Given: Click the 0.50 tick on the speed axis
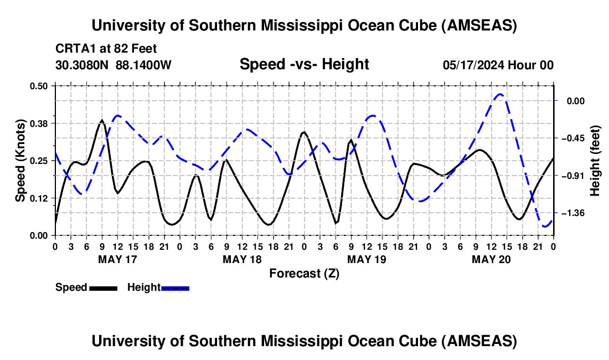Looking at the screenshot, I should coord(42,86).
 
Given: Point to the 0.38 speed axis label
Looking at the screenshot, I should coord(42,123).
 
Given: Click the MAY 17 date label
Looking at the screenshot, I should coord(117,259).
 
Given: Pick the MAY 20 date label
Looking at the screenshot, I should coord(491,259).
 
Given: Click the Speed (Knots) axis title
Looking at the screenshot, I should coord(20,161).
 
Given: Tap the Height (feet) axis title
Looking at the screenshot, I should coord(595,161).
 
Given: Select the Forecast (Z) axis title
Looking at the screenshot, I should coord(304,273).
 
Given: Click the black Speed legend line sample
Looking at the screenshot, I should coord(102,287).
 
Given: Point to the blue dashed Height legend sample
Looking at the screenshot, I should coord(175,287).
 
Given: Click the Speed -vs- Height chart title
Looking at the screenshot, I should coord(304,65).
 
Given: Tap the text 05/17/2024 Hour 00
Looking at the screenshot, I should coord(498,65).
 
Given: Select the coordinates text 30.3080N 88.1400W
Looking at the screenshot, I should coord(113,65).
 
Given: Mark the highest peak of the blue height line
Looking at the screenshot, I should coord(500,94).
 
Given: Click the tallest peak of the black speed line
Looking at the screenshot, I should coord(102,120).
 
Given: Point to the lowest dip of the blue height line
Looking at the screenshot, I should coord(545,227).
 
